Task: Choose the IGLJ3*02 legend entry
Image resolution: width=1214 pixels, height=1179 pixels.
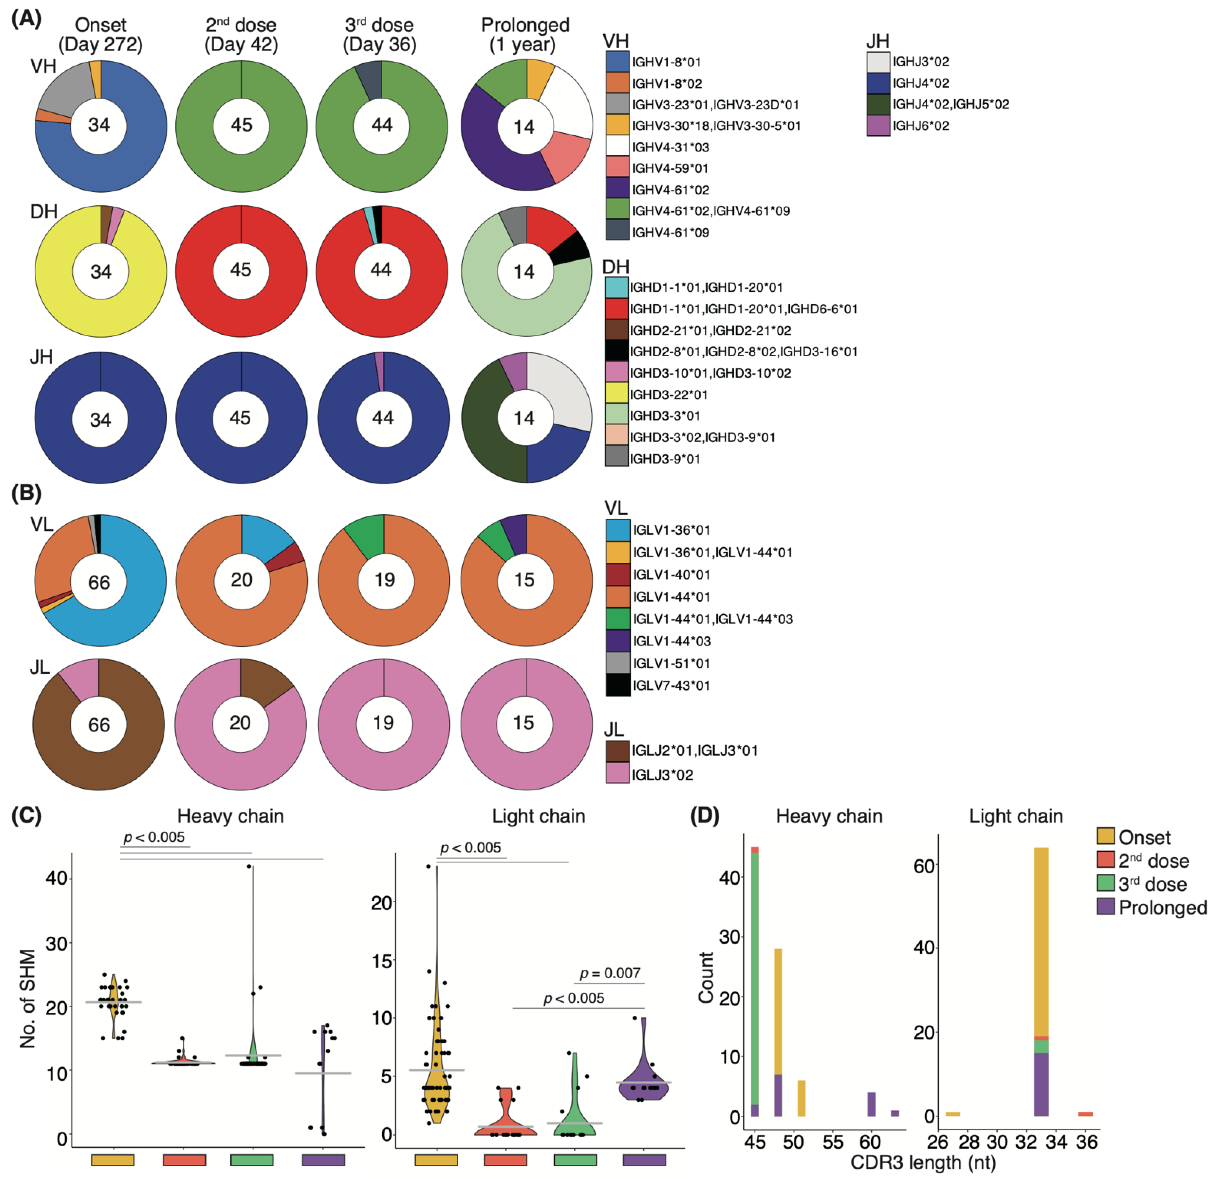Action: (x=662, y=775)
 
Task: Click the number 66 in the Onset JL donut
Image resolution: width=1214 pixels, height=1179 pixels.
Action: (x=99, y=724)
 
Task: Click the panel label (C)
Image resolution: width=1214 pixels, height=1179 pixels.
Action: (x=26, y=816)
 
